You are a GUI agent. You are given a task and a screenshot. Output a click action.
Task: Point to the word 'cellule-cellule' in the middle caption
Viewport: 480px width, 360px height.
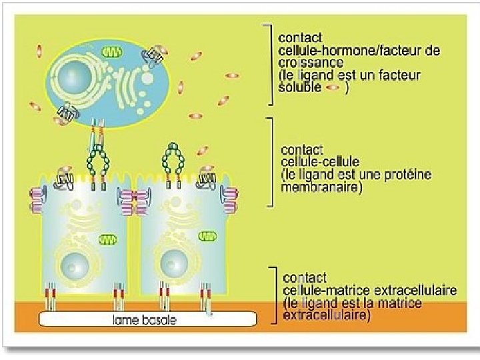tap(321, 162)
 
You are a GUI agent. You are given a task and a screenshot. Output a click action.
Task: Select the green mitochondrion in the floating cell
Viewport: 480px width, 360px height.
tap(109, 51)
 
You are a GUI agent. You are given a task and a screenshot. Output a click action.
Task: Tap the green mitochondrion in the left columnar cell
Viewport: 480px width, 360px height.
tap(107, 239)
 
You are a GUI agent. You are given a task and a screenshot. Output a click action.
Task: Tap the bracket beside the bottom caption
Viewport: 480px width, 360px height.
tap(273, 296)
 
